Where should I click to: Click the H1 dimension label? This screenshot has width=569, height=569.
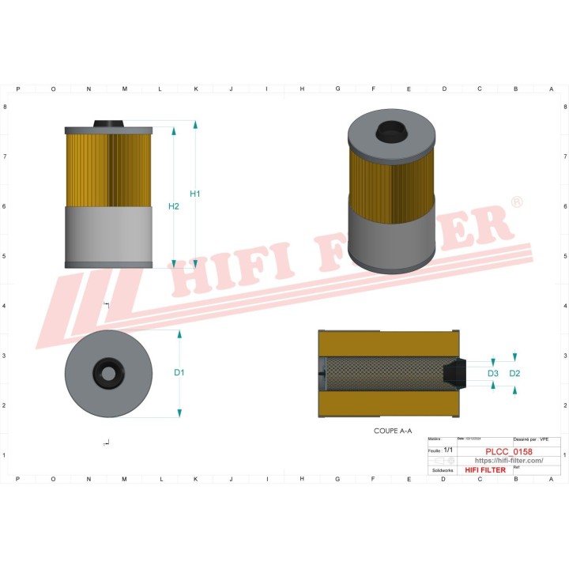coord(195,194)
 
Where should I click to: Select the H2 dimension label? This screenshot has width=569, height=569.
coord(175,206)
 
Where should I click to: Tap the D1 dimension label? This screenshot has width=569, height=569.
coord(179,372)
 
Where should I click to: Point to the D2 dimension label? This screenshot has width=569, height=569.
coord(514,372)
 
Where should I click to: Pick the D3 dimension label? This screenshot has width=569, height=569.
coord(492,372)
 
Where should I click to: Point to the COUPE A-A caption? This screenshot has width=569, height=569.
coord(393,432)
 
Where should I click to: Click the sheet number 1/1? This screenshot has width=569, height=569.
coord(448,449)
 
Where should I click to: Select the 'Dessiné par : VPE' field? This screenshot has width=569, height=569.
coord(531,438)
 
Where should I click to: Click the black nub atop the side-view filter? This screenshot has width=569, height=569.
coord(108,123)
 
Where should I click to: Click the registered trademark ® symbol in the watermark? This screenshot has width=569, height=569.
coord(517,203)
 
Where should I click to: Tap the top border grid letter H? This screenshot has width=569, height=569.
coord(302,89)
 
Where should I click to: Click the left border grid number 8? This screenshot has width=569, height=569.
coord(7,107)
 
